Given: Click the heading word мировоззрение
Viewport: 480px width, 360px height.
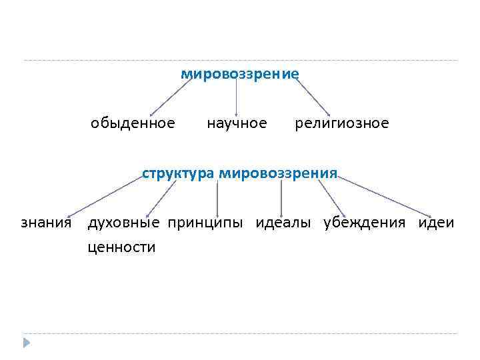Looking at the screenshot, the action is (x=240, y=73).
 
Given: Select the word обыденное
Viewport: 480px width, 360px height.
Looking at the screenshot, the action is (x=133, y=123).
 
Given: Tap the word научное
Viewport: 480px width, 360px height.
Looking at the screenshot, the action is (x=237, y=123).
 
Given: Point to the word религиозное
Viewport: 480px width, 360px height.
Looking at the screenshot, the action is (x=342, y=123).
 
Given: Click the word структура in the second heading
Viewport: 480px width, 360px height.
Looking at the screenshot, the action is (x=178, y=174).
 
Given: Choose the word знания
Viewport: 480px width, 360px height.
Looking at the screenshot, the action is (x=46, y=223).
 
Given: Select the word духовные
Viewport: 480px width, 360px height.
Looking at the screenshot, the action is (x=124, y=223).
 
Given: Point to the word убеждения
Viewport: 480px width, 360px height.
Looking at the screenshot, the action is (x=364, y=223).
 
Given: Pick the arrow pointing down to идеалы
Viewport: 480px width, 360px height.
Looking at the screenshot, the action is (x=281, y=197).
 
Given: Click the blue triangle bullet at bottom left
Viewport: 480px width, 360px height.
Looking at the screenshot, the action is (x=26, y=343).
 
